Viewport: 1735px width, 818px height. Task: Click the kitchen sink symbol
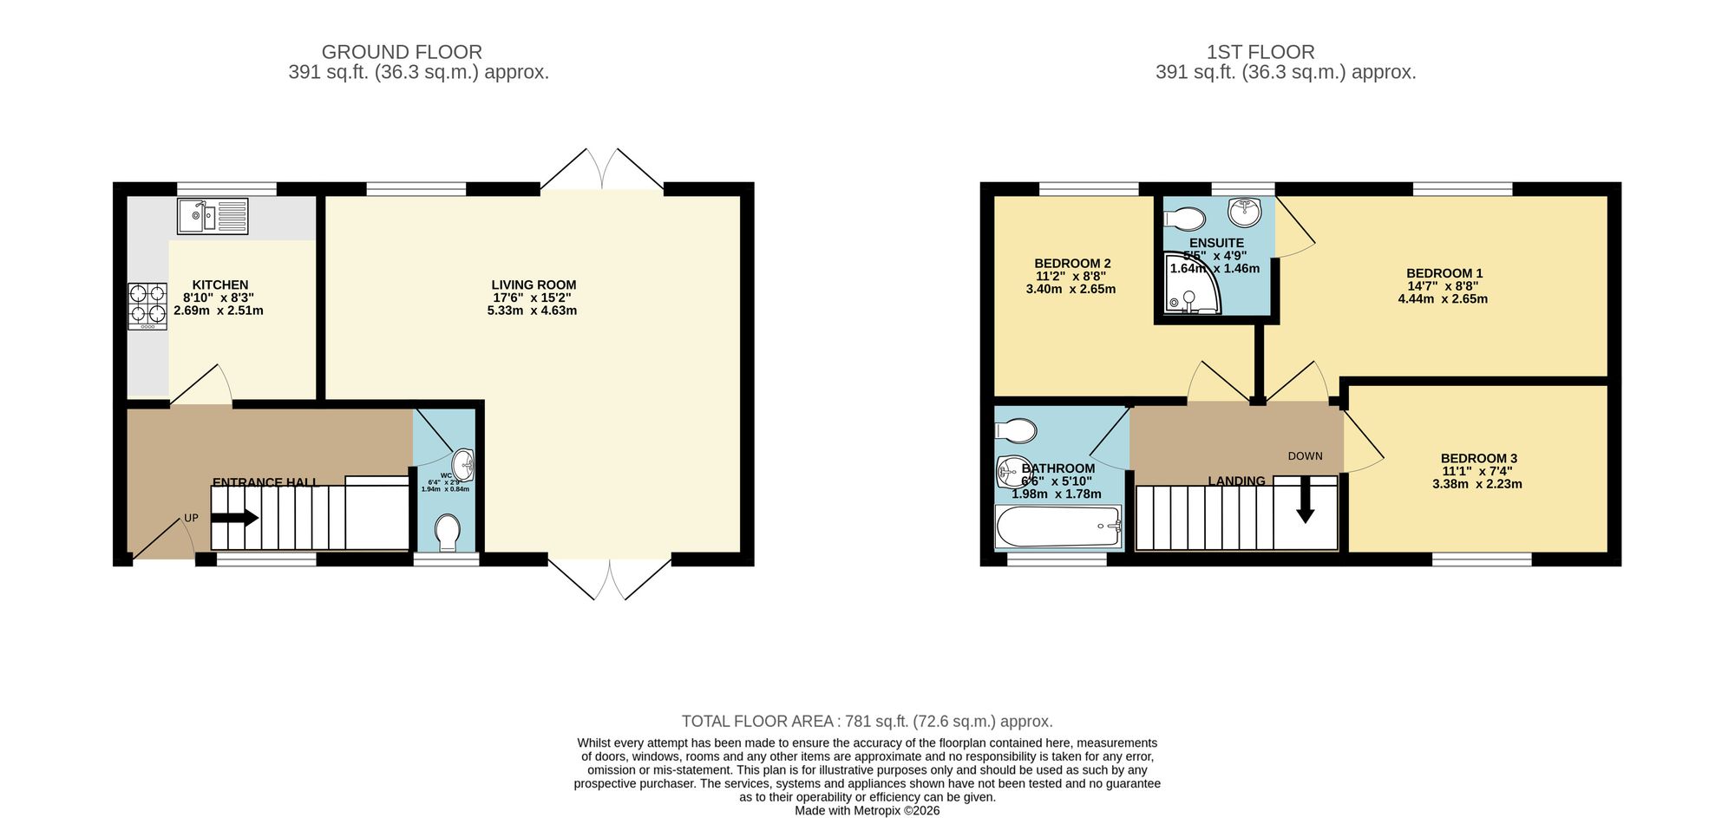pos(213,216)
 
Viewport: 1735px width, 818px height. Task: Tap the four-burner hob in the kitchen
pos(147,306)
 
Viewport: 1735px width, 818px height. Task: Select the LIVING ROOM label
pos(534,285)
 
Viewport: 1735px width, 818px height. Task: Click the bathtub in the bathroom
pos(1059,527)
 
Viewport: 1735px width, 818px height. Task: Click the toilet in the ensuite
pos(1185,217)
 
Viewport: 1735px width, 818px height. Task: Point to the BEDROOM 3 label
pos(1478,458)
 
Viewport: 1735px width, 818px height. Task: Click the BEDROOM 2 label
pos(1072,264)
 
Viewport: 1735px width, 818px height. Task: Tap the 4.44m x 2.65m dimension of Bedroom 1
pos(1443,299)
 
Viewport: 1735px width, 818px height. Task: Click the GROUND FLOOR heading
pos(402,52)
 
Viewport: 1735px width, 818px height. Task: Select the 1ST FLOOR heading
pos(1260,52)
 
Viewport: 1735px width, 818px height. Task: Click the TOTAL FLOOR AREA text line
pos(867,721)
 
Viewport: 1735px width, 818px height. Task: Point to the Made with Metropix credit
pos(867,810)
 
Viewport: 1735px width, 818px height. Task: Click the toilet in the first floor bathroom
pos(1016,430)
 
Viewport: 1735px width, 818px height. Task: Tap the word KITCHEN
pos(220,285)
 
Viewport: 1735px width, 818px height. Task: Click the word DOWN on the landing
pos(1305,456)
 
